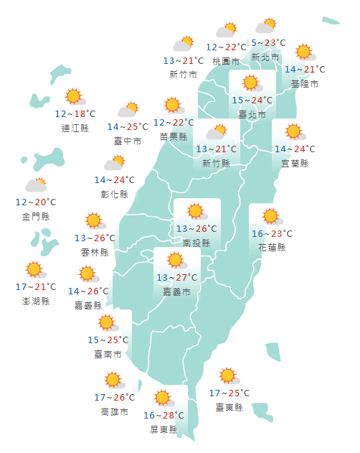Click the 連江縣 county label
pyautogui.click(x=75, y=129)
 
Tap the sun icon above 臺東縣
pyautogui.click(x=228, y=375)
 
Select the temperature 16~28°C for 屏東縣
pyautogui.click(x=163, y=416)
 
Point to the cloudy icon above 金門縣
pyautogui.click(x=36, y=185)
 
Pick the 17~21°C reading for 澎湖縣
pyautogui.click(x=34, y=287)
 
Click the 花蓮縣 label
pyautogui.click(x=271, y=248)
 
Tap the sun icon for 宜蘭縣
pyautogui.click(x=293, y=132)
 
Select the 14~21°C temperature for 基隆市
pyautogui.click(x=304, y=70)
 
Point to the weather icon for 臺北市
pyautogui.click(x=250, y=83)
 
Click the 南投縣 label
pyautogui.click(x=196, y=243)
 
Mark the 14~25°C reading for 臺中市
pyautogui.click(x=128, y=127)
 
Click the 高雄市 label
pyautogui.click(x=115, y=412)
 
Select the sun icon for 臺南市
pyautogui.click(x=107, y=322)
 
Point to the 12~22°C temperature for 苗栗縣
pyautogui.click(x=174, y=123)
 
